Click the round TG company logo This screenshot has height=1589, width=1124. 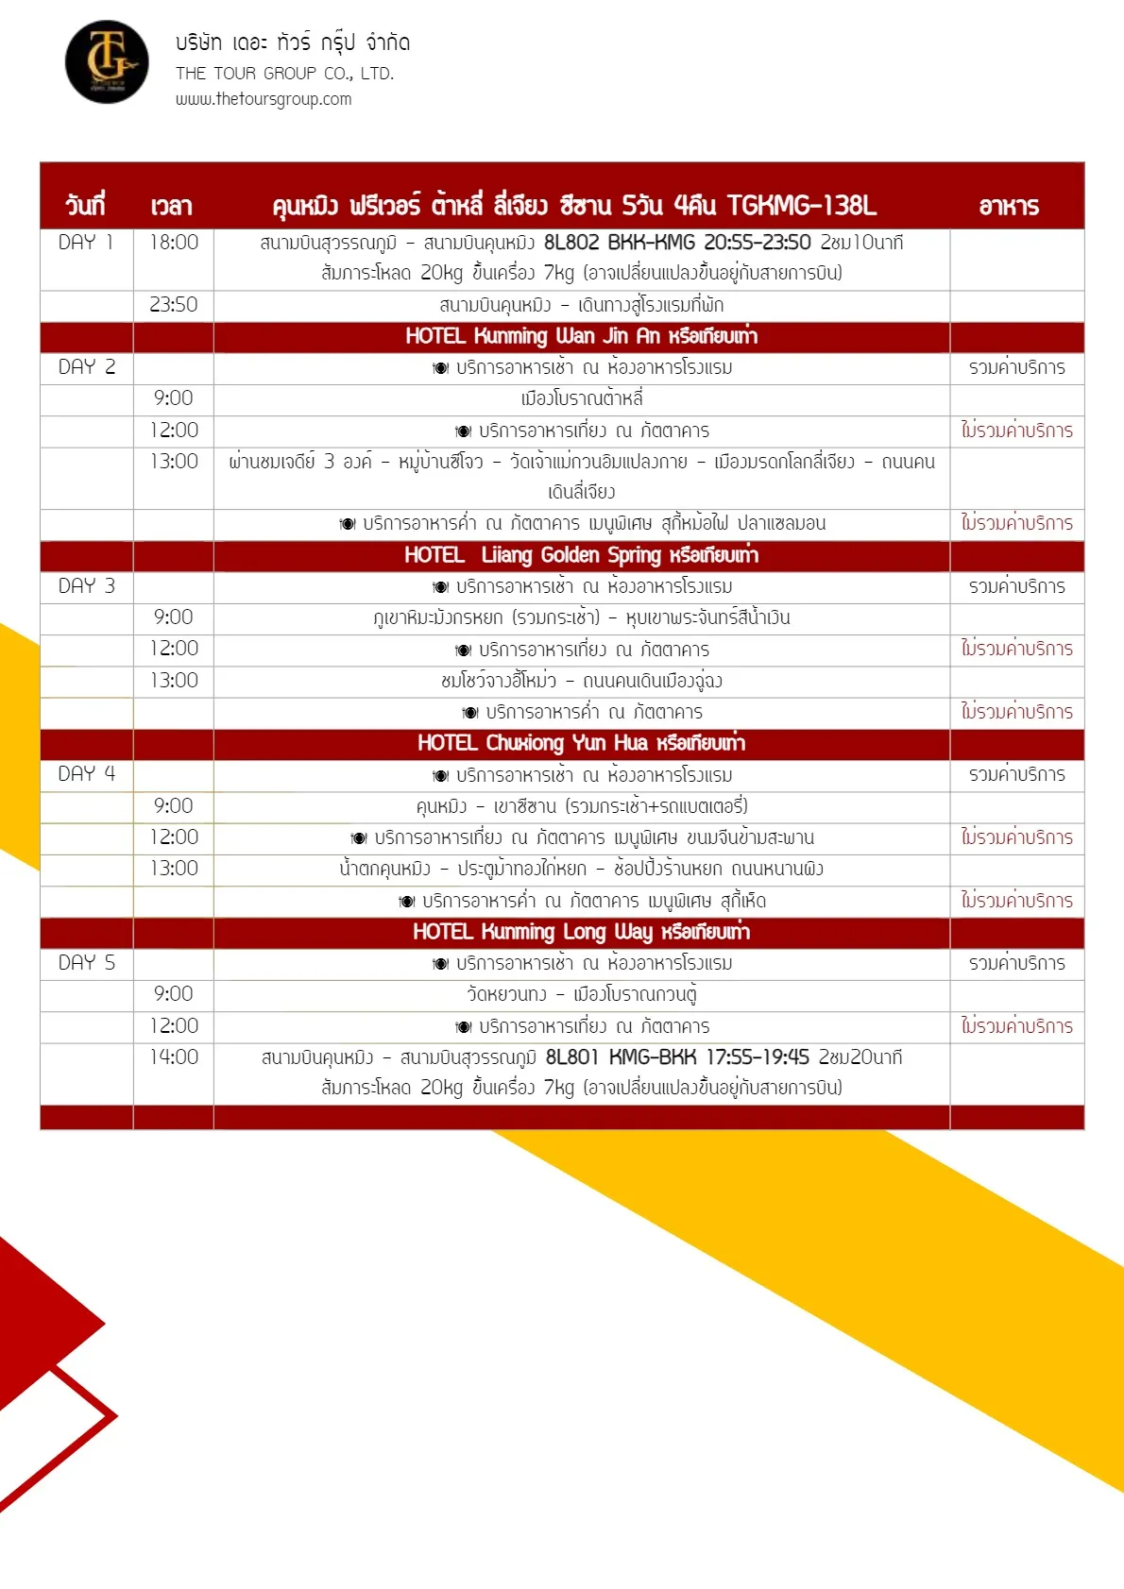(107, 62)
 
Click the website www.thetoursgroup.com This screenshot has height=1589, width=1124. (264, 99)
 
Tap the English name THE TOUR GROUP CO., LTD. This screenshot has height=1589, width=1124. (284, 74)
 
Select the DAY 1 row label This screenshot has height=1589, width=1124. (86, 243)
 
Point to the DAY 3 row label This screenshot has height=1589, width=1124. (86, 586)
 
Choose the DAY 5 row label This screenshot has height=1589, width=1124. (86, 963)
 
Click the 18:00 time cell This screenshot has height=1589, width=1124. (174, 243)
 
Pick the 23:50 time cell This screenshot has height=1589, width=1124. (174, 305)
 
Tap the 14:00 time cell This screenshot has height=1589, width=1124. (174, 1057)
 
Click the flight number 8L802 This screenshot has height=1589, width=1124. (571, 243)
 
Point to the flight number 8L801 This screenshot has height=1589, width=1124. (572, 1057)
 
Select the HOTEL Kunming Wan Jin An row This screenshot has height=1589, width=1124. (581, 337)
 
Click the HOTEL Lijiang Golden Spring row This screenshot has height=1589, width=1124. (581, 555)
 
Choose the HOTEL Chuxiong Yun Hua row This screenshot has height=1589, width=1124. (581, 744)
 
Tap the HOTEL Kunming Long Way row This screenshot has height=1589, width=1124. (581, 933)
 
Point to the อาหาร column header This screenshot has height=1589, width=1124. (1009, 206)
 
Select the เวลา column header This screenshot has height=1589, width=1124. (171, 206)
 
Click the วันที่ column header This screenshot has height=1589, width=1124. (85, 206)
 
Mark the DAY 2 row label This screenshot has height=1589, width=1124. (86, 367)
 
